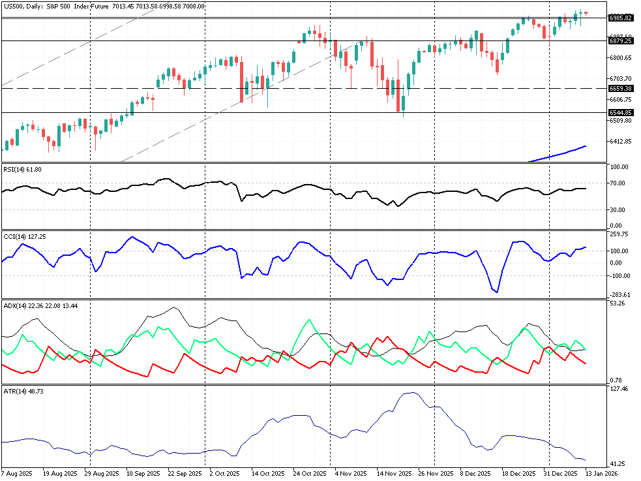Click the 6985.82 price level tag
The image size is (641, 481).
(x=620, y=18)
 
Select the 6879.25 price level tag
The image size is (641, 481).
(x=620, y=40)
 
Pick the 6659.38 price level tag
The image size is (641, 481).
(x=620, y=88)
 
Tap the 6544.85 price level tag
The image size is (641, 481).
(x=620, y=112)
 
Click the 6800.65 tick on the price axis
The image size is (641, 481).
(x=620, y=58)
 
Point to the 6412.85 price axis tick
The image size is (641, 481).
(x=620, y=141)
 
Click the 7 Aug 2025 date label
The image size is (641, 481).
(x=16, y=473)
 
